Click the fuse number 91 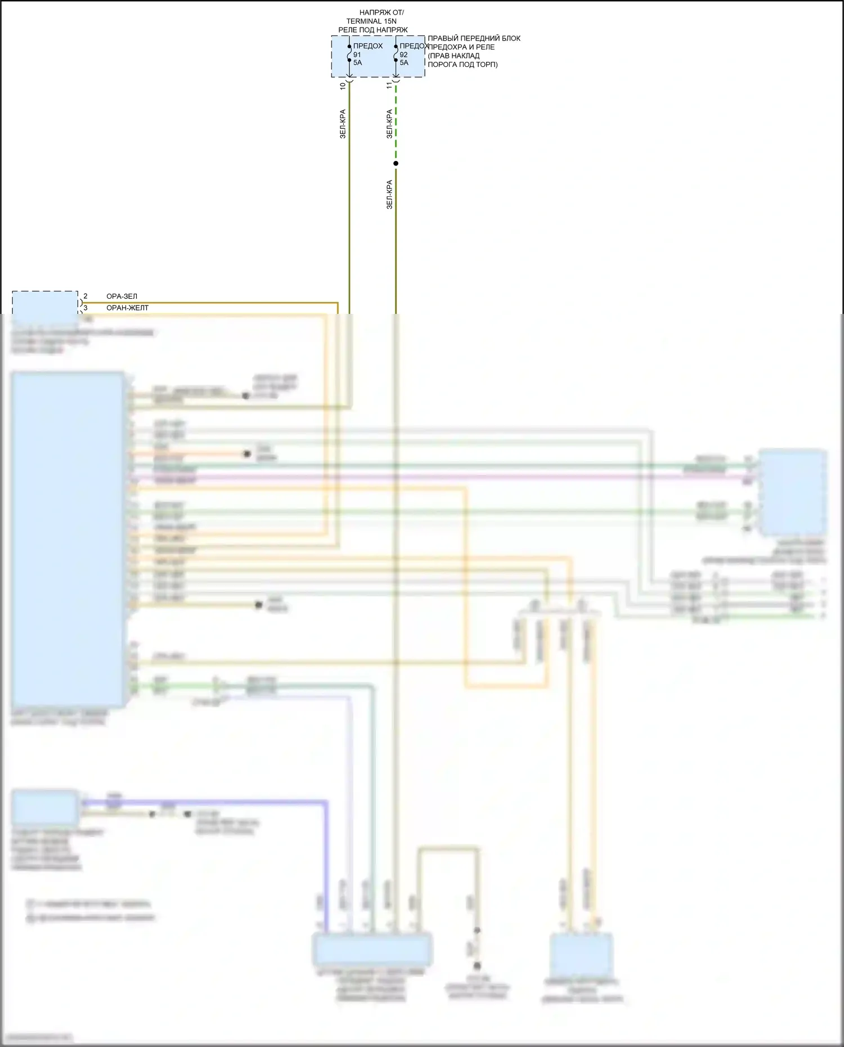click(357, 55)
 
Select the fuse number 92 click(403, 55)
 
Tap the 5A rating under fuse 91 click(357, 62)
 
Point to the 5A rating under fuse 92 click(404, 62)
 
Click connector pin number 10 click(343, 86)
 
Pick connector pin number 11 click(389, 86)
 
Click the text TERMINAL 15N click(371, 21)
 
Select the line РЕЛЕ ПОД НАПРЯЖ click(373, 30)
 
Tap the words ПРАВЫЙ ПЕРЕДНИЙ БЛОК click(474, 38)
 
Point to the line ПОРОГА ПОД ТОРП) click(463, 64)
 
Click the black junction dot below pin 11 click(396, 164)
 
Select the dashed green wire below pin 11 click(396, 124)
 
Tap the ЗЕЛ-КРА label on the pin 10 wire click(343, 124)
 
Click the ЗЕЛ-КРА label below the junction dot click(389, 195)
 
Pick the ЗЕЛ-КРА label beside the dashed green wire click(389, 124)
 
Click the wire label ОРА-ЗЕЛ click(122, 296)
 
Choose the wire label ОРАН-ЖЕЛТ click(127, 308)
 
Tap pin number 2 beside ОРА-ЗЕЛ click(86, 296)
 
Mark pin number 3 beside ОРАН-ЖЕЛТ click(86, 308)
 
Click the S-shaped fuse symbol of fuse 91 click(349, 55)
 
